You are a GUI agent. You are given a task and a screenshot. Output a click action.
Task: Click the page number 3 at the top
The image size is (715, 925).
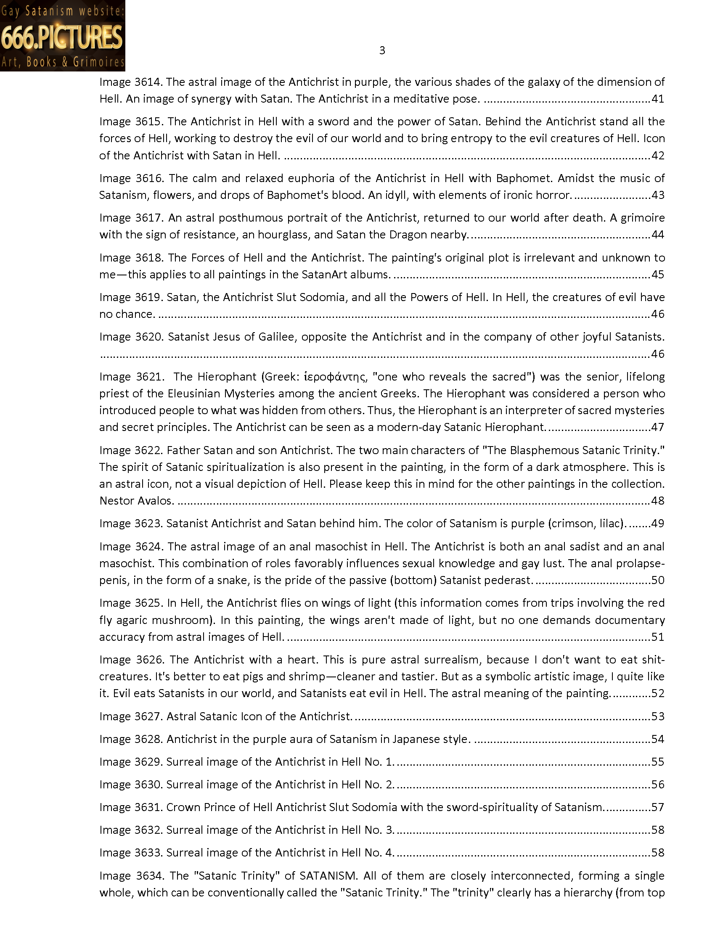382,51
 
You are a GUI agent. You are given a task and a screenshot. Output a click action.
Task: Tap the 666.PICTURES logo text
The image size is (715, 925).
62,37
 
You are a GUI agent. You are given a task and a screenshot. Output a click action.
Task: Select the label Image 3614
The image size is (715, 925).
131,82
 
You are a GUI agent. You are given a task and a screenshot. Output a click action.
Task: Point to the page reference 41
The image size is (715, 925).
658,99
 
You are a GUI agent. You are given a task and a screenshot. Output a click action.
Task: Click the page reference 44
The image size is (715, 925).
658,235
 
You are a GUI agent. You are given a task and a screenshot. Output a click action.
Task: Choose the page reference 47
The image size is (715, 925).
658,427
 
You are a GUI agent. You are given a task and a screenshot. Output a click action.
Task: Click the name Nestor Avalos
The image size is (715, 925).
136,501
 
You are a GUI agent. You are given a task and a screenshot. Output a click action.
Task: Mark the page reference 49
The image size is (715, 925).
658,523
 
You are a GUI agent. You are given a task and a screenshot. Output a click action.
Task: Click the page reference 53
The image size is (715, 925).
658,716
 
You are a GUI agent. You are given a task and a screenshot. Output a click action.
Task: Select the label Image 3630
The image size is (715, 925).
131,785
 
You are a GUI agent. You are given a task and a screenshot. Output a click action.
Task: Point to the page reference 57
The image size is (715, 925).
658,807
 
